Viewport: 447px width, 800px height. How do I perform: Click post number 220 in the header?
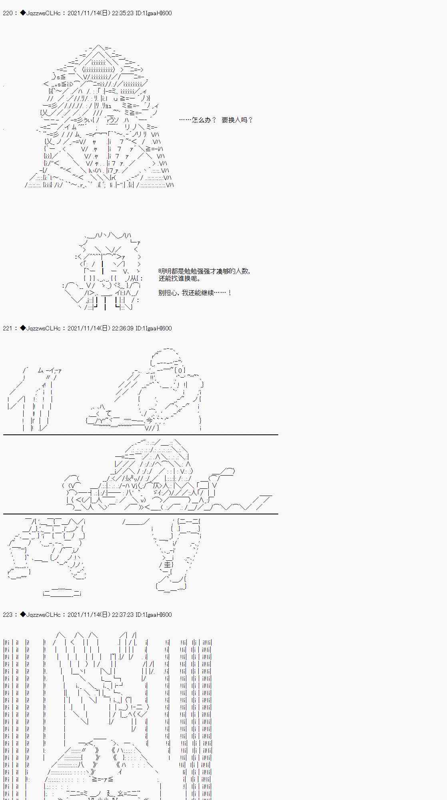(x=7, y=13)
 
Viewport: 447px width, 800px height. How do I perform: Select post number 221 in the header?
(x=7, y=328)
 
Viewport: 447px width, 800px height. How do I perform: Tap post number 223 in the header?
(x=7, y=615)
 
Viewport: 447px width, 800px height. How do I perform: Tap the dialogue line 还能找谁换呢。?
(x=180, y=279)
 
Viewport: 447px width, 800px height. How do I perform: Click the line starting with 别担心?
(x=195, y=293)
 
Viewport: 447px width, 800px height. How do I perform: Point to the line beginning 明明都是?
(x=204, y=271)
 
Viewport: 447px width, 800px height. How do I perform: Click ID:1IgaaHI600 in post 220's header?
(x=154, y=13)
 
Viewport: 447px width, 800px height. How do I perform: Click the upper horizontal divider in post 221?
(x=140, y=435)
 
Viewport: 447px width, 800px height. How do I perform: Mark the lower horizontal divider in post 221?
(x=140, y=514)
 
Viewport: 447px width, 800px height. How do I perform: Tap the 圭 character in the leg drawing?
(x=166, y=564)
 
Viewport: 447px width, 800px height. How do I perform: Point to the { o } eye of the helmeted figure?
(x=180, y=370)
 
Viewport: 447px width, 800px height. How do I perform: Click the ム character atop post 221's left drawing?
(x=41, y=370)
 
